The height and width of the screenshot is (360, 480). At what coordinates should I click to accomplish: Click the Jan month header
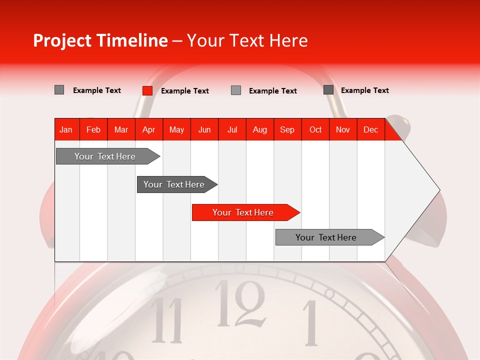66,129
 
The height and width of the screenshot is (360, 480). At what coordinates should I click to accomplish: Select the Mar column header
121,129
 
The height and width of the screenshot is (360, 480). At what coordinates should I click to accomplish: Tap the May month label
176,129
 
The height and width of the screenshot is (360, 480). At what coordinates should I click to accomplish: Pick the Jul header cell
232,129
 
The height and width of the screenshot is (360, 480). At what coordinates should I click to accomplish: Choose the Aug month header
260,129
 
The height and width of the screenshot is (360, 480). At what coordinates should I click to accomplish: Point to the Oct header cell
315,129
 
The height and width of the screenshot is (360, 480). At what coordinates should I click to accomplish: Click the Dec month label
370,129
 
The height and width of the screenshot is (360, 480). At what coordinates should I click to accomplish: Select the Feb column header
93,129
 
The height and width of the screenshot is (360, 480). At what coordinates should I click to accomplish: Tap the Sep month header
287,129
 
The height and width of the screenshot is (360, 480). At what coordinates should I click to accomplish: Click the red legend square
147,90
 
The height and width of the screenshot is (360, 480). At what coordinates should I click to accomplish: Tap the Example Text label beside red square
184,91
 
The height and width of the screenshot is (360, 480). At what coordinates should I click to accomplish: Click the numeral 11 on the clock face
167,320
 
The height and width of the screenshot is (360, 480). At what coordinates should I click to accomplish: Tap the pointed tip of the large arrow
439,190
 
